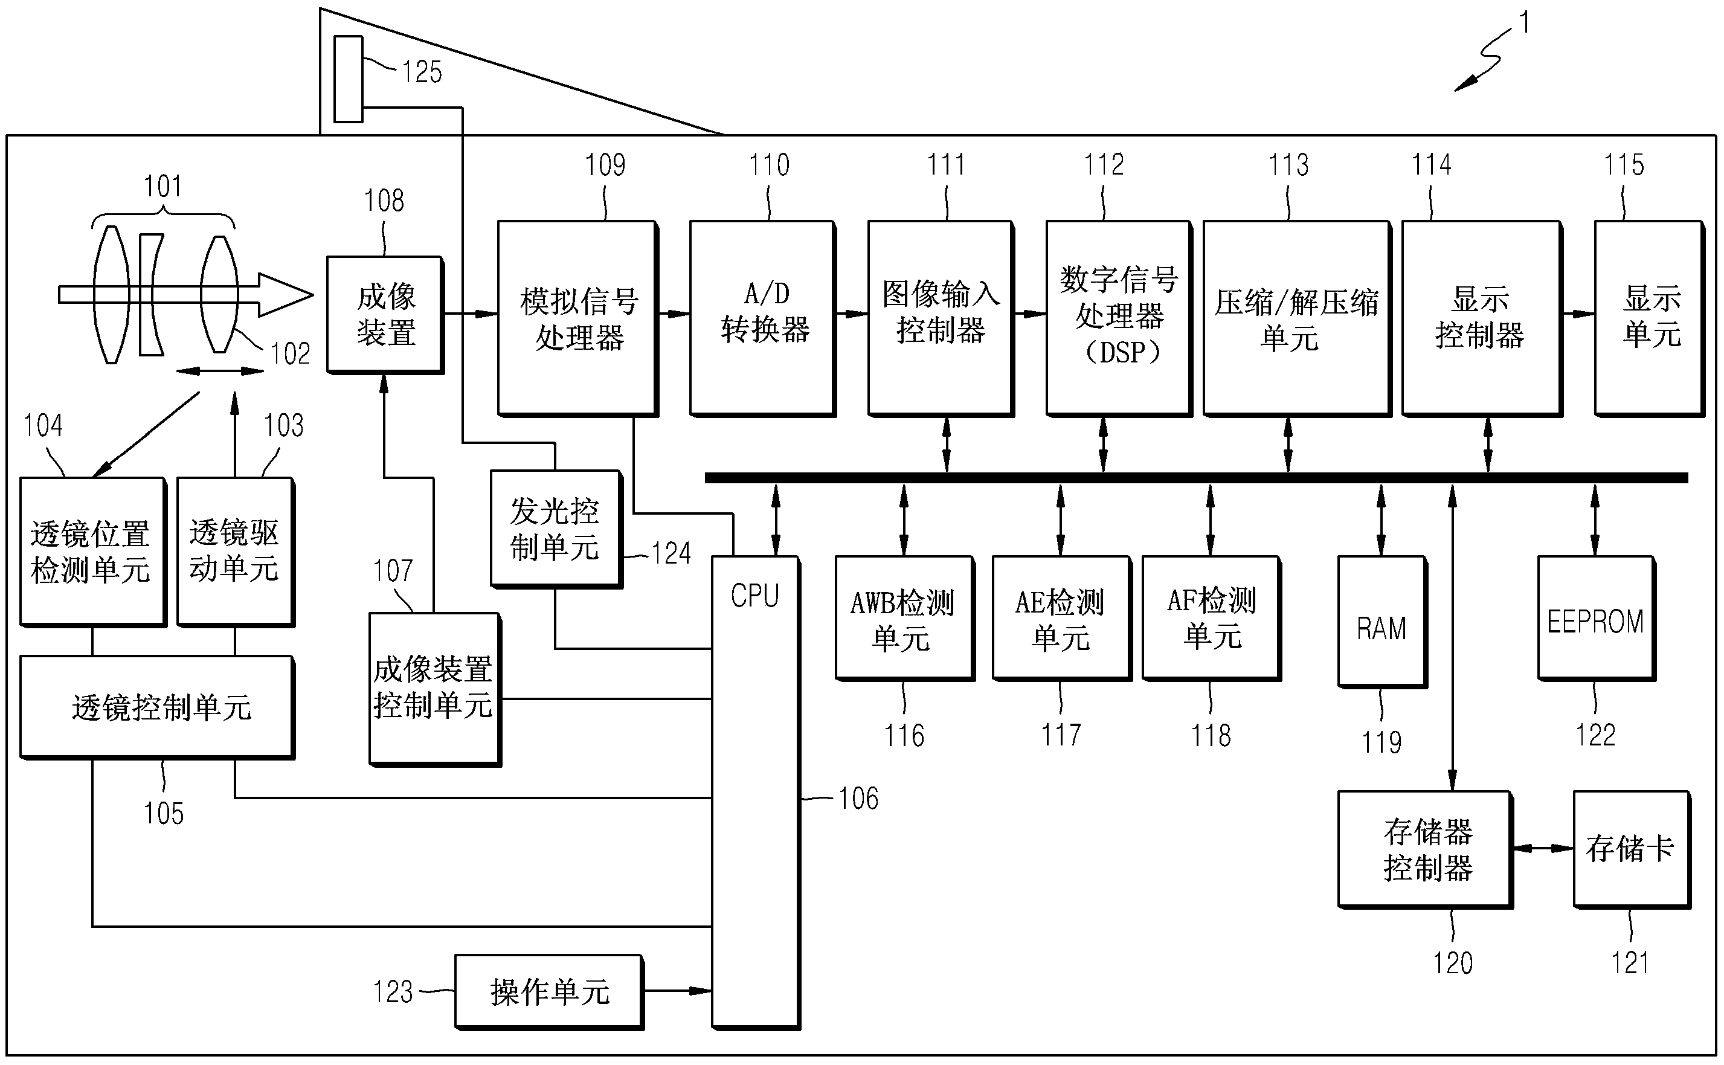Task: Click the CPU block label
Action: pyautogui.click(x=754, y=596)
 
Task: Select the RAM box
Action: pyautogui.click(x=1381, y=621)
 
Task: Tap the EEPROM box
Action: pyautogui.click(x=1595, y=619)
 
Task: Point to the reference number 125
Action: pyautogui.click(x=421, y=72)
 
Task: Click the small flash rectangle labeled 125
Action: pyautogui.click(x=348, y=79)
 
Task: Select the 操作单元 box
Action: pyautogui.click(x=548, y=991)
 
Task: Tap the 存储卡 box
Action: pyautogui.click(x=1630, y=849)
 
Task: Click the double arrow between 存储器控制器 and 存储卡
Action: pyautogui.click(x=1542, y=849)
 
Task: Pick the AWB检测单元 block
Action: pyautogui.click(x=904, y=619)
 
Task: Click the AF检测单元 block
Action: pyautogui.click(x=1211, y=619)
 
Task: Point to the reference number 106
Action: pyautogui.click(x=858, y=799)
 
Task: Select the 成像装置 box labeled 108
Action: pyautogui.click(x=385, y=314)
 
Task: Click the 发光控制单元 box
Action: pyautogui.click(x=555, y=529)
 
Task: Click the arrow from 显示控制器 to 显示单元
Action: pyautogui.click(x=1578, y=314)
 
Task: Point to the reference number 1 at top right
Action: pyautogui.click(x=1524, y=23)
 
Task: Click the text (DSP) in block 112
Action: pyautogui.click(x=1118, y=352)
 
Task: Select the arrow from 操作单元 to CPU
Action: pyautogui.click(x=677, y=991)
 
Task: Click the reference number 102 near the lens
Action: pyautogui.click(x=290, y=353)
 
